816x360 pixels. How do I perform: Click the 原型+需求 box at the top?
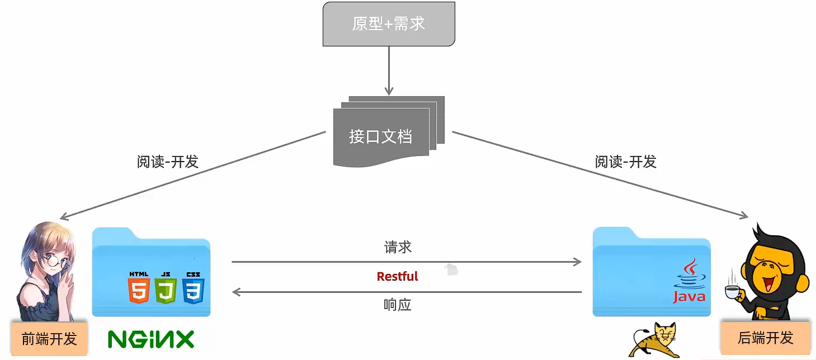[x=389, y=23]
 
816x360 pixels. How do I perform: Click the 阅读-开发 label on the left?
[x=167, y=162]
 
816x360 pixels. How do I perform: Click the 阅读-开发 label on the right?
[x=625, y=162]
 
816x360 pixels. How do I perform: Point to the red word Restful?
[x=397, y=277]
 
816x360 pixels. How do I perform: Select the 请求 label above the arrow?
[x=398, y=247]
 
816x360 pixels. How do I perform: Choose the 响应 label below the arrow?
[x=398, y=305]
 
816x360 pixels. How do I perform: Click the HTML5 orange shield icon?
[x=139, y=288]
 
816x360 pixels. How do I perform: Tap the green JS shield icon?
[x=166, y=288]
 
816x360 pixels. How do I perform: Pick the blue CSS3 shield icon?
[x=193, y=288]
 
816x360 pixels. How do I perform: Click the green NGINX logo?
[x=151, y=339]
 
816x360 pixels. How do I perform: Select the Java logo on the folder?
[x=689, y=281]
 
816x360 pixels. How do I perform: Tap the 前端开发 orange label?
[x=49, y=339]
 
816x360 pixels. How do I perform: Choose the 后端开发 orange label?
[x=765, y=338]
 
